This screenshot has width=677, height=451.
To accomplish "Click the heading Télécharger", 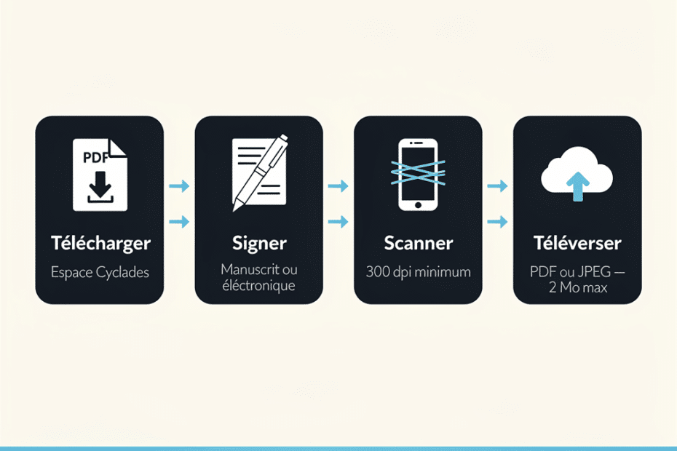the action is tap(101, 243).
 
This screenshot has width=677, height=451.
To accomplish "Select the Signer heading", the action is tap(259, 244).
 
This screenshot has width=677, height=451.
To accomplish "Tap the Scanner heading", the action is tap(419, 243).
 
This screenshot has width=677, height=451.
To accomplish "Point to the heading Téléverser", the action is tap(577, 243).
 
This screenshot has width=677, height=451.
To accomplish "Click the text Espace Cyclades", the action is tap(100, 272).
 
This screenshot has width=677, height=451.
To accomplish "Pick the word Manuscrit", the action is tap(245, 269).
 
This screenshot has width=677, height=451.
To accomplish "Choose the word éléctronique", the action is tap(258, 285).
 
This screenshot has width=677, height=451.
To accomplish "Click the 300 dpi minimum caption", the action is tap(419, 272).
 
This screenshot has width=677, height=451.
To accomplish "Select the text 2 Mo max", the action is tap(578, 287).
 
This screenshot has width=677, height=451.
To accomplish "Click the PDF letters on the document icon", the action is tap(95, 158).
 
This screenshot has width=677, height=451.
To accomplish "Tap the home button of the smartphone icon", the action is tap(418, 205).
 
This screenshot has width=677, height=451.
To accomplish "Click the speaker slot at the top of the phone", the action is tap(418, 143).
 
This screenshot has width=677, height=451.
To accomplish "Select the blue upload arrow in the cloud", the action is tap(578, 186).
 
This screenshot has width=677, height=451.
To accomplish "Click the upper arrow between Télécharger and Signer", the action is tap(179, 186).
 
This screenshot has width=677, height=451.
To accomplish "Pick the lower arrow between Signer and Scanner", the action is tap(338, 222).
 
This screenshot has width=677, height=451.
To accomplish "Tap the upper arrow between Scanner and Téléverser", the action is tap(497, 186).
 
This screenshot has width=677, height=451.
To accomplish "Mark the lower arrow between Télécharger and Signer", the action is tap(179, 222).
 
